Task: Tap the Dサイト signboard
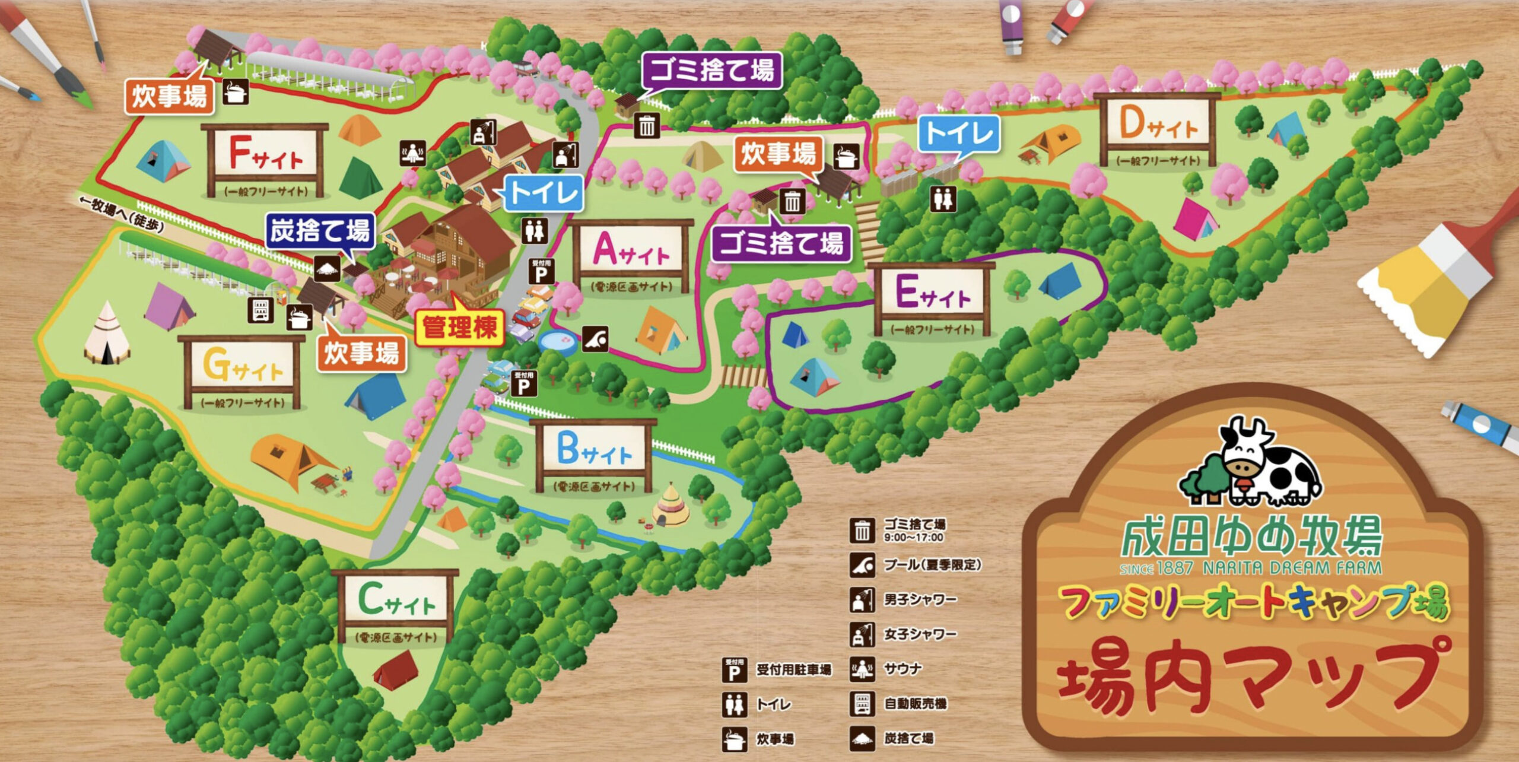click(x=1157, y=127)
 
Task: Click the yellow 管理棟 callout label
click(x=460, y=327)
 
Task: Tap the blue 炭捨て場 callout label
click(x=320, y=230)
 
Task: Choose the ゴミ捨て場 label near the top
click(x=712, y=70)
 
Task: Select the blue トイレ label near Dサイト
click(x=959, y=133)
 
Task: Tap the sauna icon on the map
click(x=412, y=153)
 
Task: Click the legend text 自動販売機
click(x=915, y=704)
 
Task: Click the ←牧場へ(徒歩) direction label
click(x=122, y=214)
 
